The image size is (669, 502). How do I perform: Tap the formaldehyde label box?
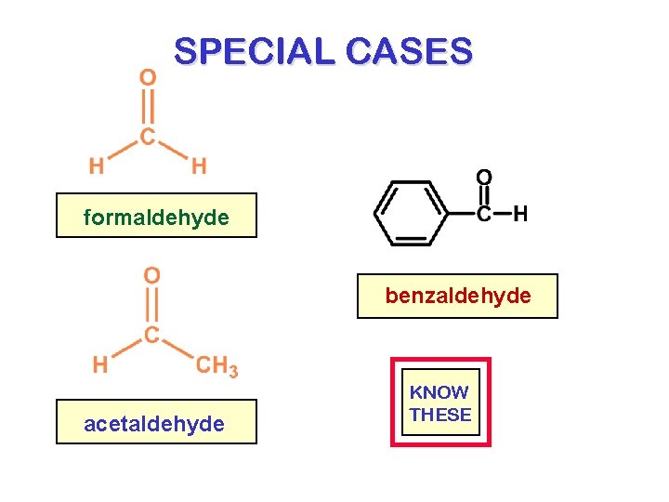(x=156, y=217)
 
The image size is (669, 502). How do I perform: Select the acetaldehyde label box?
(x=156, y=423)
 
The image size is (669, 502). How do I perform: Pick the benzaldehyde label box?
(x=458, y=296)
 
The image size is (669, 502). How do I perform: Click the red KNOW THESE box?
(x=440, y=403)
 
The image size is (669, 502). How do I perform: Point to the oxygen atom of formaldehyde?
(x=148, y=77)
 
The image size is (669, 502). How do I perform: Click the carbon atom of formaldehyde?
(x=148, y=137)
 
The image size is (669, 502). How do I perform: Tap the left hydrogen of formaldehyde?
(x=96, y=166)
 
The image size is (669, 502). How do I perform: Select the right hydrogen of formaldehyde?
(x=199, y=166)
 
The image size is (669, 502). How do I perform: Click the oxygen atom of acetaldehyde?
(x=151, y=275)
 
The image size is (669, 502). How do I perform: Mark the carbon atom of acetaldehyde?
(x=151, y=334)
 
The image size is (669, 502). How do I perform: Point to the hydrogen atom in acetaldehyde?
(x=99, y=364)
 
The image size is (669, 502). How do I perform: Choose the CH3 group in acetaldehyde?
(x=216, y=365)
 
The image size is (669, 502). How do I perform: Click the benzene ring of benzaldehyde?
(x=410, y=214)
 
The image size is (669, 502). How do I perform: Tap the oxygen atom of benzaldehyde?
(x=484, y=178)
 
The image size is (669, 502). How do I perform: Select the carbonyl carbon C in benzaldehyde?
(x=484, y=215)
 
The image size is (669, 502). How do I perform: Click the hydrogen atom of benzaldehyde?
(x=521, y=215)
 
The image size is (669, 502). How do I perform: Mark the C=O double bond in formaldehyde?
(x=148, y=107)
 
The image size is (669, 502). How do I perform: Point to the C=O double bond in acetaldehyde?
(x=151, y=305)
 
